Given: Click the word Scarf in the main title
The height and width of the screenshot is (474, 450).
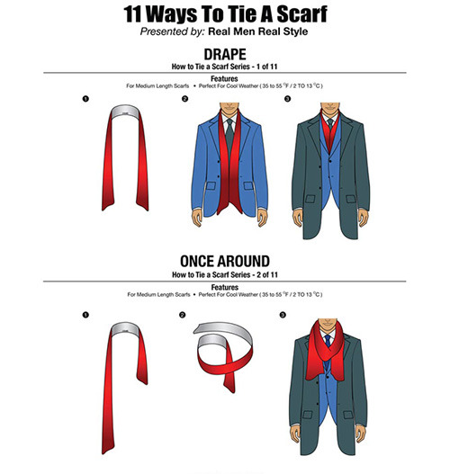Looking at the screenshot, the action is (301, 14).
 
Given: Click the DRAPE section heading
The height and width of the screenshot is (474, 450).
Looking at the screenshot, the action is (225, 54).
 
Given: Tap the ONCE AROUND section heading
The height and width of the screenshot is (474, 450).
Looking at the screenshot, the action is (225, 261).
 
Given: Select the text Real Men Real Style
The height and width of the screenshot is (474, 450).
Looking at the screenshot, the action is (258, 31).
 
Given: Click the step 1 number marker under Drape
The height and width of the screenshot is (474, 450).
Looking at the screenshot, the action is (85, 99).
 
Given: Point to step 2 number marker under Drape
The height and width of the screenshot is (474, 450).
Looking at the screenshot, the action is (184, 99).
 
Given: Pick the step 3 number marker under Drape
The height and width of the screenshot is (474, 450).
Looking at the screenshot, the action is (287, 99).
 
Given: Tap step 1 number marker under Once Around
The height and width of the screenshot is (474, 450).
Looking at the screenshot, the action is (85, 315).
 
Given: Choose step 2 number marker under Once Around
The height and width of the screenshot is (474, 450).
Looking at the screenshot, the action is (182, 315).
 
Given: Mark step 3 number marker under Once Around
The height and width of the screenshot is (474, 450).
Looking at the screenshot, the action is (283, 315).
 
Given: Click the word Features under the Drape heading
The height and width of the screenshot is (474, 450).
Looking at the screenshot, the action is (224, 78).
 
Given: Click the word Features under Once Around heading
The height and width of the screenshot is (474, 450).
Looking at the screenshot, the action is (225, 287).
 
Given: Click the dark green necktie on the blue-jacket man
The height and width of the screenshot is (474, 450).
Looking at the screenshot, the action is (229, 137).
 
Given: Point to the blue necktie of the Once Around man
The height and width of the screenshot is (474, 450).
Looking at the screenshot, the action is (328, 340).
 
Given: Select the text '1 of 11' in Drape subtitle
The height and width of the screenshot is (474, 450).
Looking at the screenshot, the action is (266, 67).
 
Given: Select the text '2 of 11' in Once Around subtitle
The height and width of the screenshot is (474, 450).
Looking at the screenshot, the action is (267, 275).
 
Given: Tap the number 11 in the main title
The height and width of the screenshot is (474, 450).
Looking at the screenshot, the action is (132, 14).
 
